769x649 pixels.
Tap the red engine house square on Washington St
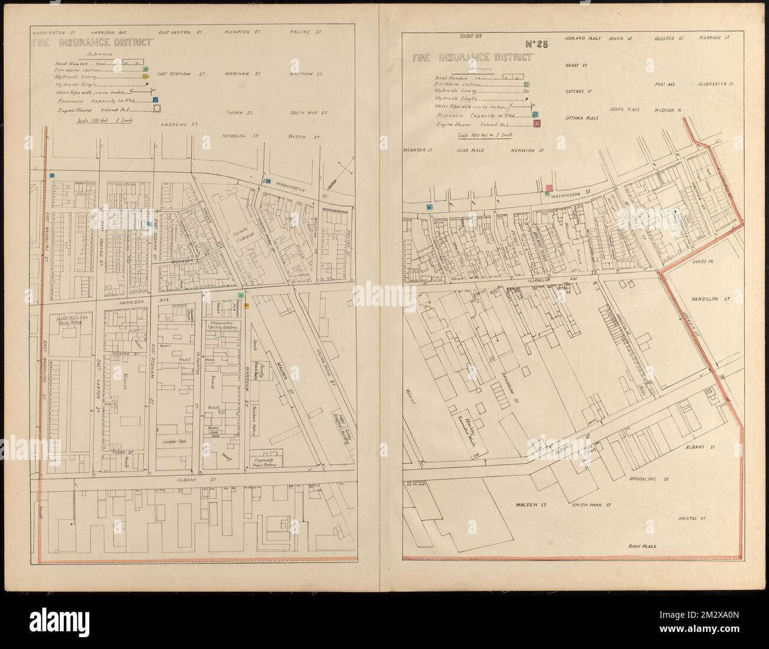549,188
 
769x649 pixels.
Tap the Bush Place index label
642,547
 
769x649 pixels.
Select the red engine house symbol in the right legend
538,124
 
